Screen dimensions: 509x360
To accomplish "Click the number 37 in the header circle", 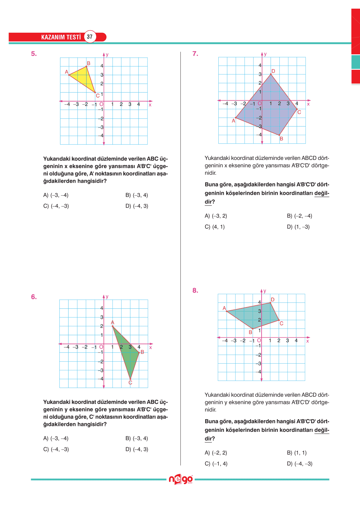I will pos(90,37).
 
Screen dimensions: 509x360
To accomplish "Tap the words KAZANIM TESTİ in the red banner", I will pos(61,37).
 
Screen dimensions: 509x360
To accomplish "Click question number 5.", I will pos(34,54).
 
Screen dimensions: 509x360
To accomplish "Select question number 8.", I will pos(195,290).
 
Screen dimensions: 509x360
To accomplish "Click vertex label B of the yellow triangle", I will pos(89,63).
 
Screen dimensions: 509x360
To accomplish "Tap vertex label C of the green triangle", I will pos(130,383).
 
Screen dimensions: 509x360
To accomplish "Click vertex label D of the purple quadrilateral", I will pos(273,71).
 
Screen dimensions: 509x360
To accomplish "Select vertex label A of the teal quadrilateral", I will pos(224,308).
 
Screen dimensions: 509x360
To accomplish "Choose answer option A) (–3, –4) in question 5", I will pos(56,195).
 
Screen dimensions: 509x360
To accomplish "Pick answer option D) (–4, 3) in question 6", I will pos(137,449).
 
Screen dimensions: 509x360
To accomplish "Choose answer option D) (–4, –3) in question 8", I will pos(300,464).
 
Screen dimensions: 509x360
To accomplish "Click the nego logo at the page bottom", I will pos(181,479).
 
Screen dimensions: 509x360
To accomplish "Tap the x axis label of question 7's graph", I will pos(308,104).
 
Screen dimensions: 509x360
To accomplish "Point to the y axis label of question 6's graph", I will pos(107,297).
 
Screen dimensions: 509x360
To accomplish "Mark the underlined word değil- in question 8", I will pos(322,430).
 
